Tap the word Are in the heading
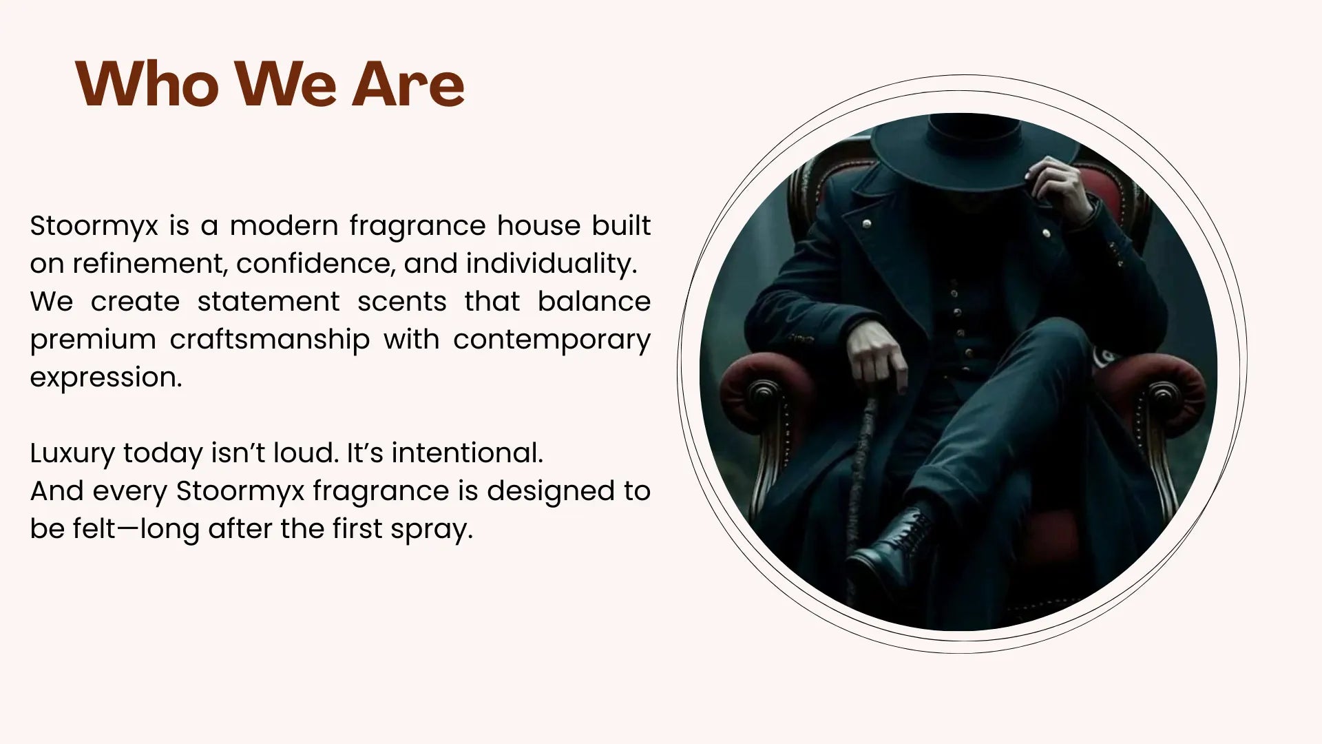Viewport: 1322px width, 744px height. click(408, 85)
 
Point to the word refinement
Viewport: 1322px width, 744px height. click(150, 263)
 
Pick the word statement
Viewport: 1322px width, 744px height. click(269, 302)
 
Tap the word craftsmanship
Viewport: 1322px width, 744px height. click(269, 340)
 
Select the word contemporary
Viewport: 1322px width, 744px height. click(552, 340)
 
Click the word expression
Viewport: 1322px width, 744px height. click(106, 378)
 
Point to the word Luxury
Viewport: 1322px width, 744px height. click(72, 453)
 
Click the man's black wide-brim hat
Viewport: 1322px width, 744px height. click(974, 147)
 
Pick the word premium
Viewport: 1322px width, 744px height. click(93, 340)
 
